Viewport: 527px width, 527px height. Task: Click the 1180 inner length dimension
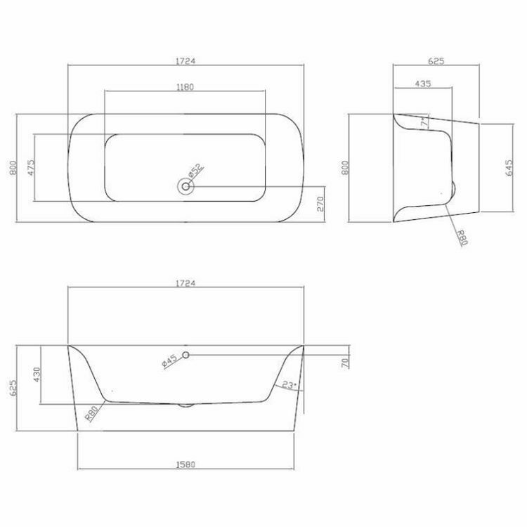[x=184, y=87]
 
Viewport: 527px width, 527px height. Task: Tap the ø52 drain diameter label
[x=195, y=171]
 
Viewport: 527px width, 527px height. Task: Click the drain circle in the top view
[x=186, y=186]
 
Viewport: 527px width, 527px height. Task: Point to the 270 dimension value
[x=320, y=203]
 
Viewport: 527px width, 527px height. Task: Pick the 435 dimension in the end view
[x=422, y=84]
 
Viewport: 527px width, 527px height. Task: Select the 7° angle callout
[x=424, y=122]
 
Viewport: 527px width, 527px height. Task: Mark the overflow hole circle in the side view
[x=186, y=356]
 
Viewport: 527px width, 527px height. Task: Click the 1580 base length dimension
[x=186, y=464]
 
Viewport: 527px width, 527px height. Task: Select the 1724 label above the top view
[x=186, y=61]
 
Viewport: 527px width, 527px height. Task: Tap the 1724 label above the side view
[x=186, y=283]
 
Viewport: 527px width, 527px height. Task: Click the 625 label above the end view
[x=436, y=61]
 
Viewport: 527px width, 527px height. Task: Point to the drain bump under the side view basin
[x=186, y=405]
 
